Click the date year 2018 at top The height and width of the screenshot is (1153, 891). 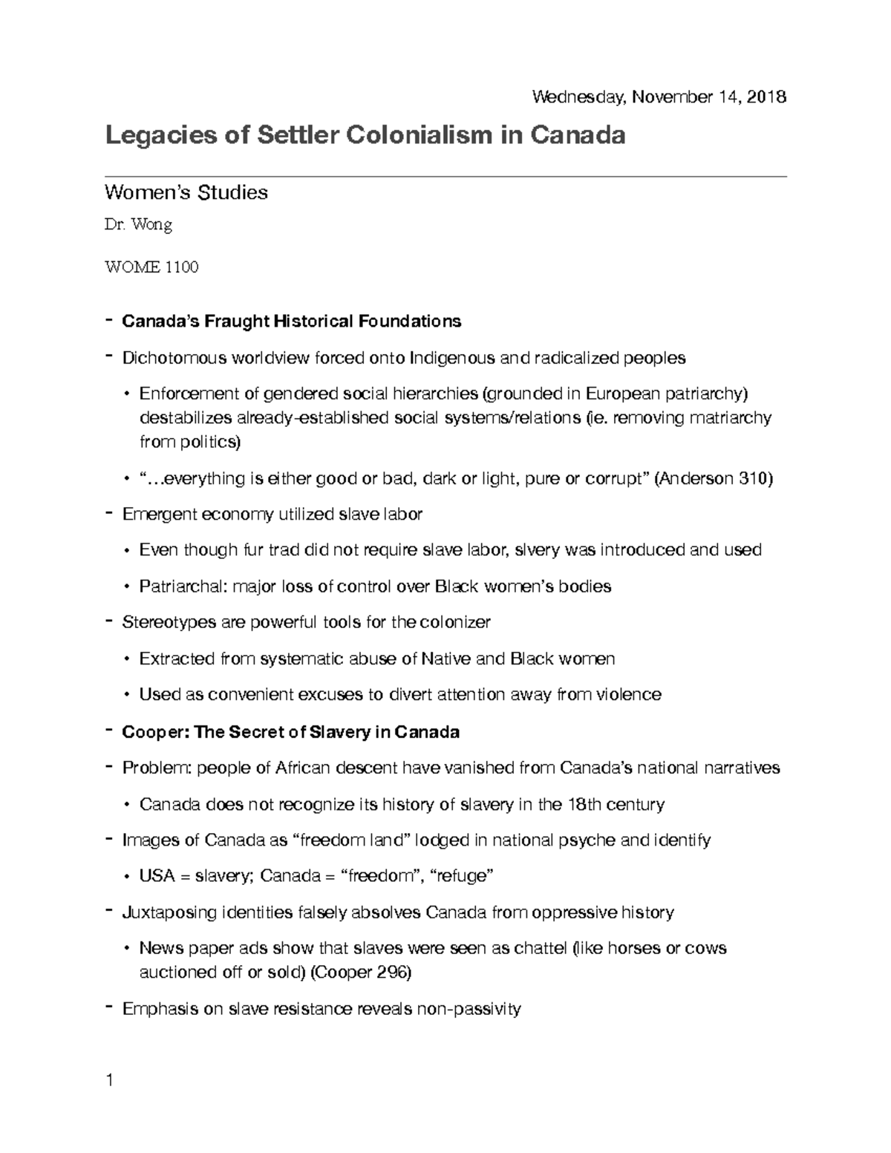coord(767,97)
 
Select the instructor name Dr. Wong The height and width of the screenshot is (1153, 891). coord(138,226)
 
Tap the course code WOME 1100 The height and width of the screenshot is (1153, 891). coord(151,267)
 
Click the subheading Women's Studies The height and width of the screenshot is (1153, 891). coord(186,193)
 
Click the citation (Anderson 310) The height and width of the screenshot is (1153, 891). coord(714,479)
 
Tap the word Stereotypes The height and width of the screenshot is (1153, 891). coord(169,622)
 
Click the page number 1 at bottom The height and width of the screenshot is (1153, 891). coord(109,1080)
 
